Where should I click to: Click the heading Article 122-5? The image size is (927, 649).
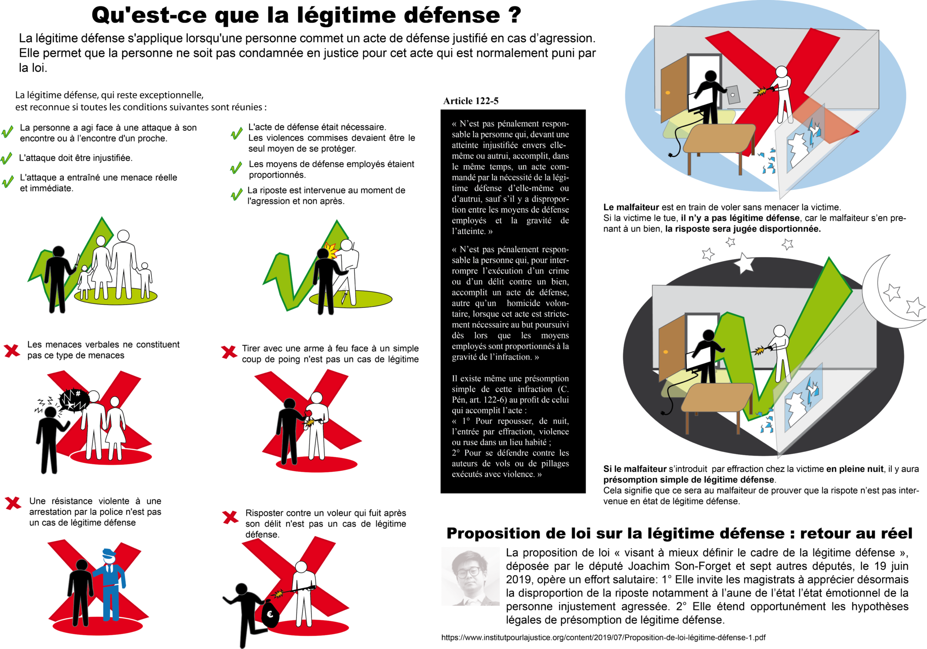point(471,101)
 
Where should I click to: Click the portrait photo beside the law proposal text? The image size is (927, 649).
point(470,577)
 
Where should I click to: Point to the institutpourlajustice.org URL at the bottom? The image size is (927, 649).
point(603,637)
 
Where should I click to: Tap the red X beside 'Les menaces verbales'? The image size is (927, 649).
point(12,350)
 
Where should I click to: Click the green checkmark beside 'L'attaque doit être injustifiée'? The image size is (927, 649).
point(6,158)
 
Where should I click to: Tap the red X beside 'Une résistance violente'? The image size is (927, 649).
point(13,503)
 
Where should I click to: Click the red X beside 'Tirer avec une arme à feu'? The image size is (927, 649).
point(229,352)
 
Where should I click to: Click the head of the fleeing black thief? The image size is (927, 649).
point(242,589)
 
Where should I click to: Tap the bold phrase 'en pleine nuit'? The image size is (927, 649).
point(855,469)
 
